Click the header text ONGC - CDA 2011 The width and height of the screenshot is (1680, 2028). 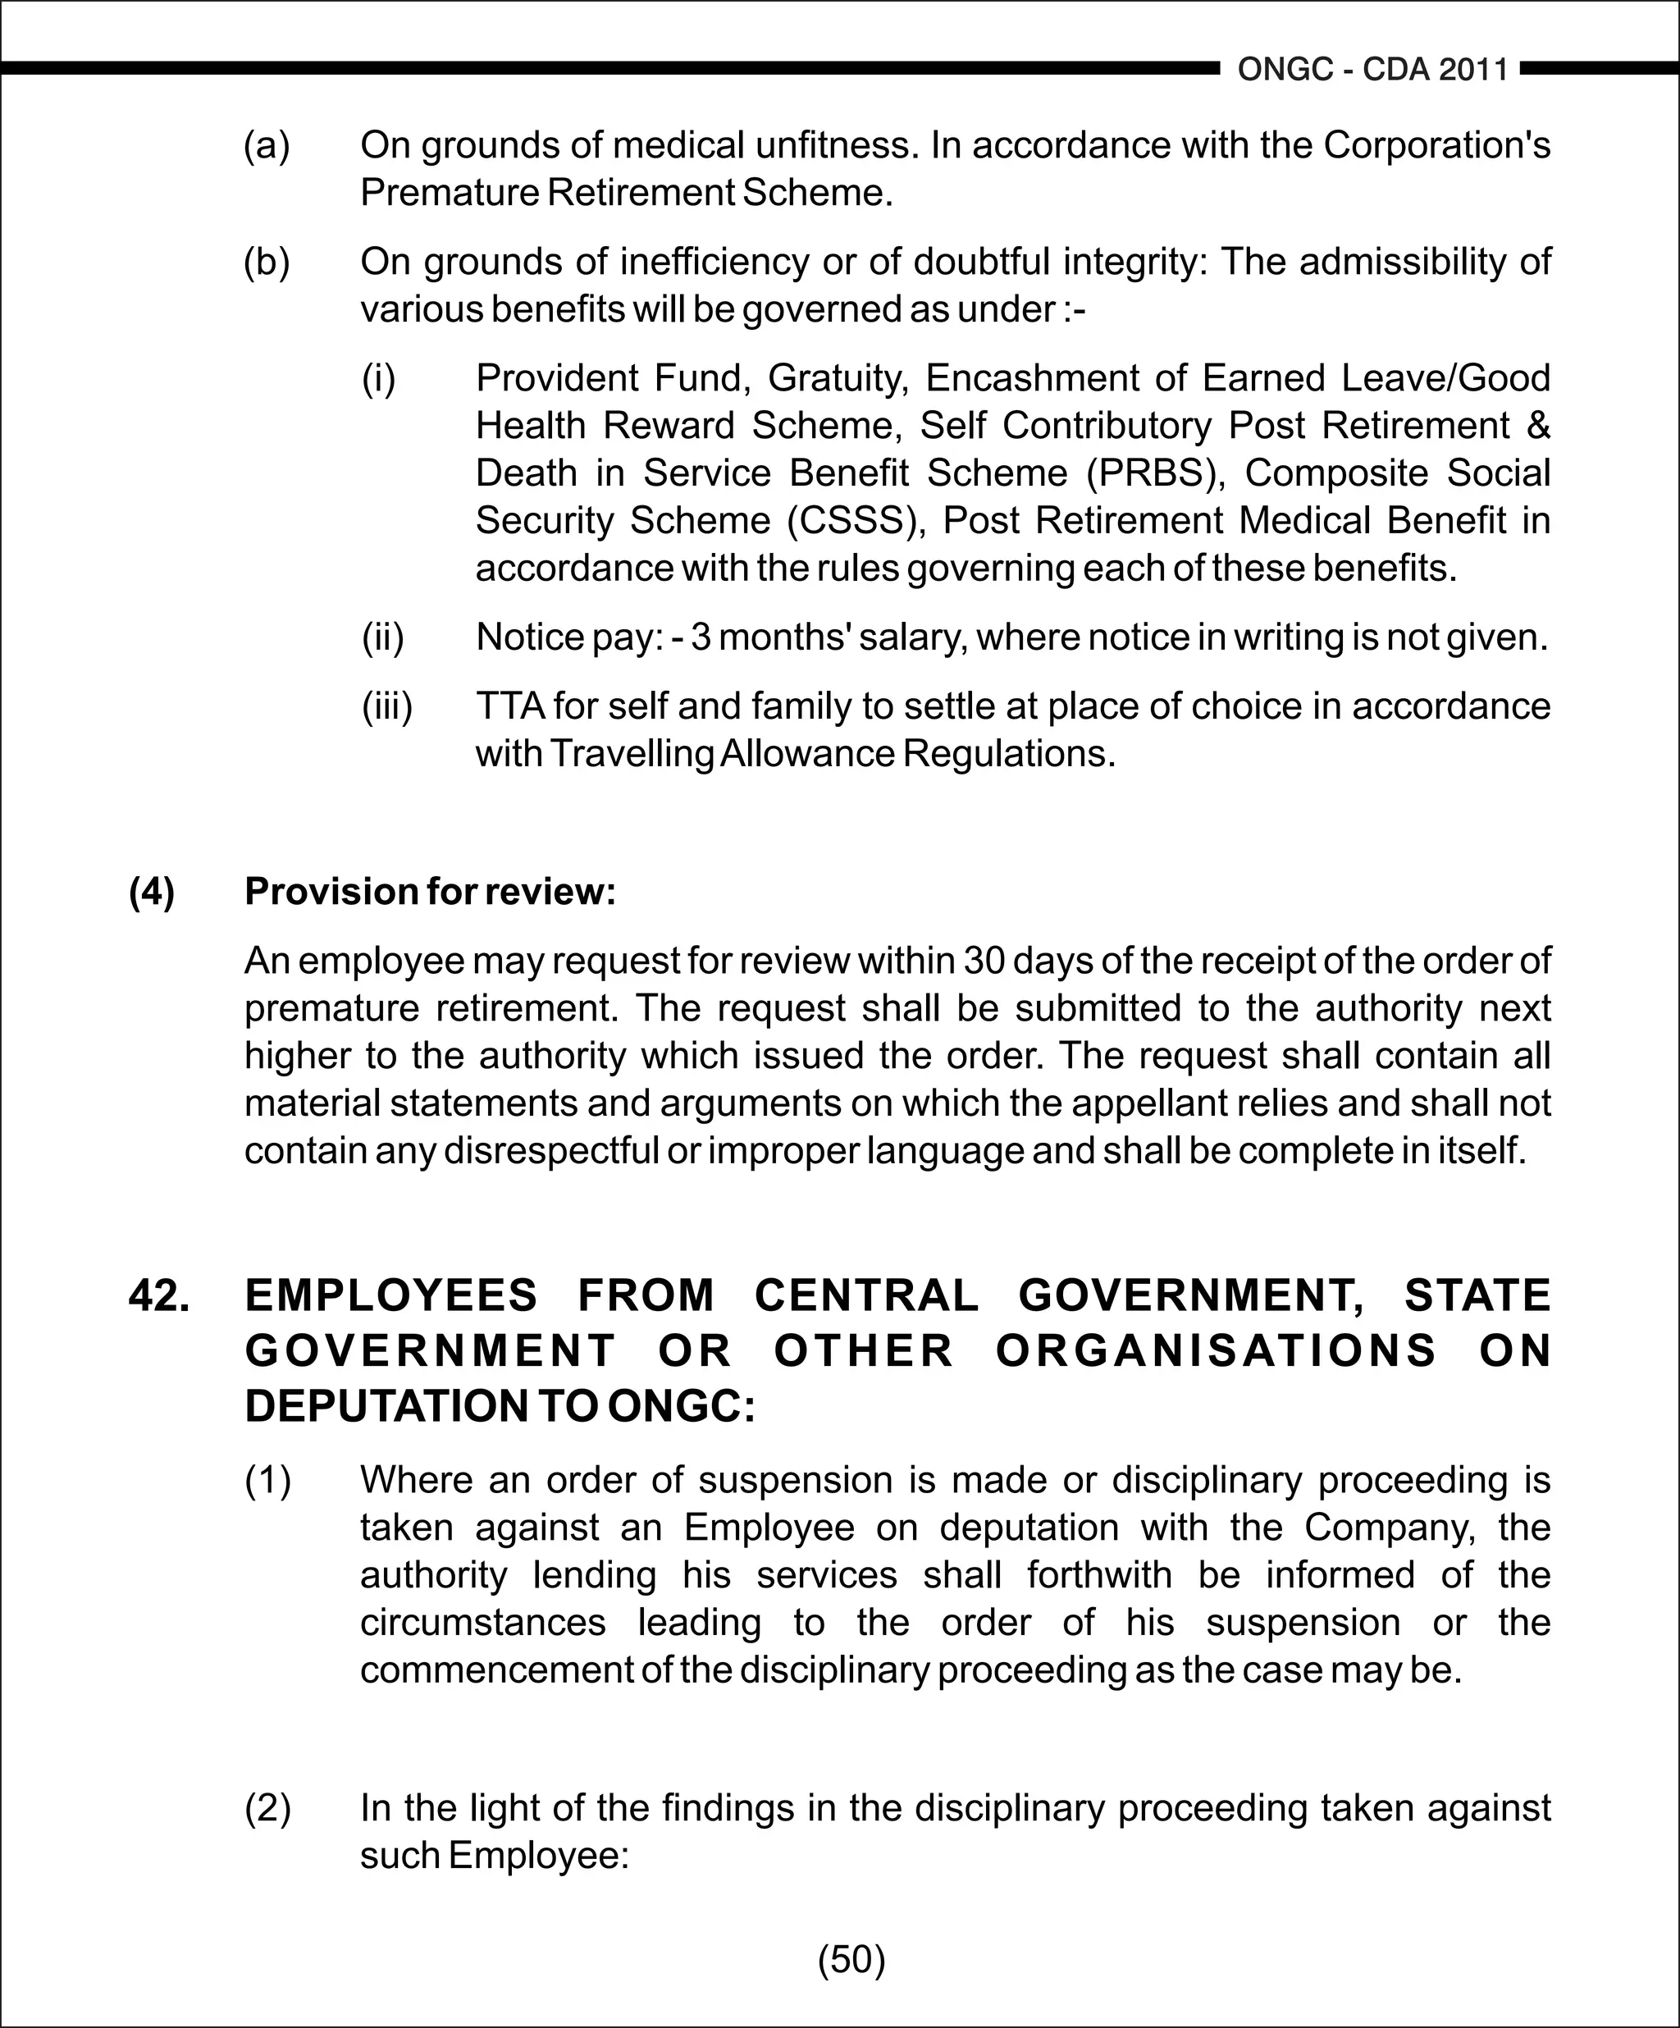click(x=1372, y=70)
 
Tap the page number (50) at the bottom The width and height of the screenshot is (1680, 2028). click(x=851, y=1959)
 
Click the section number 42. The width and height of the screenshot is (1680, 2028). click(x=158, y=1295)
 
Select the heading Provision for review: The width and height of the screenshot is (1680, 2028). click(x=430, y=892)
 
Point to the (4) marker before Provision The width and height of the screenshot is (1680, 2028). click(x=152, y=892)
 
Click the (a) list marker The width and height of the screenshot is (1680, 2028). click(x=267, y=146)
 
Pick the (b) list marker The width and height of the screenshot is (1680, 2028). click(x=267, y=262)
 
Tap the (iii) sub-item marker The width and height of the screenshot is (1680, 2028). click(x=386, y=706)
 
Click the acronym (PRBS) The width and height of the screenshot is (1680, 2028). click(x=1156, y=473)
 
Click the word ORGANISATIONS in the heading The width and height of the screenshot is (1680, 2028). click(x=1217, y=1350)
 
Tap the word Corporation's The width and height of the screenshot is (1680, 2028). click(x=1436, y=146)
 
